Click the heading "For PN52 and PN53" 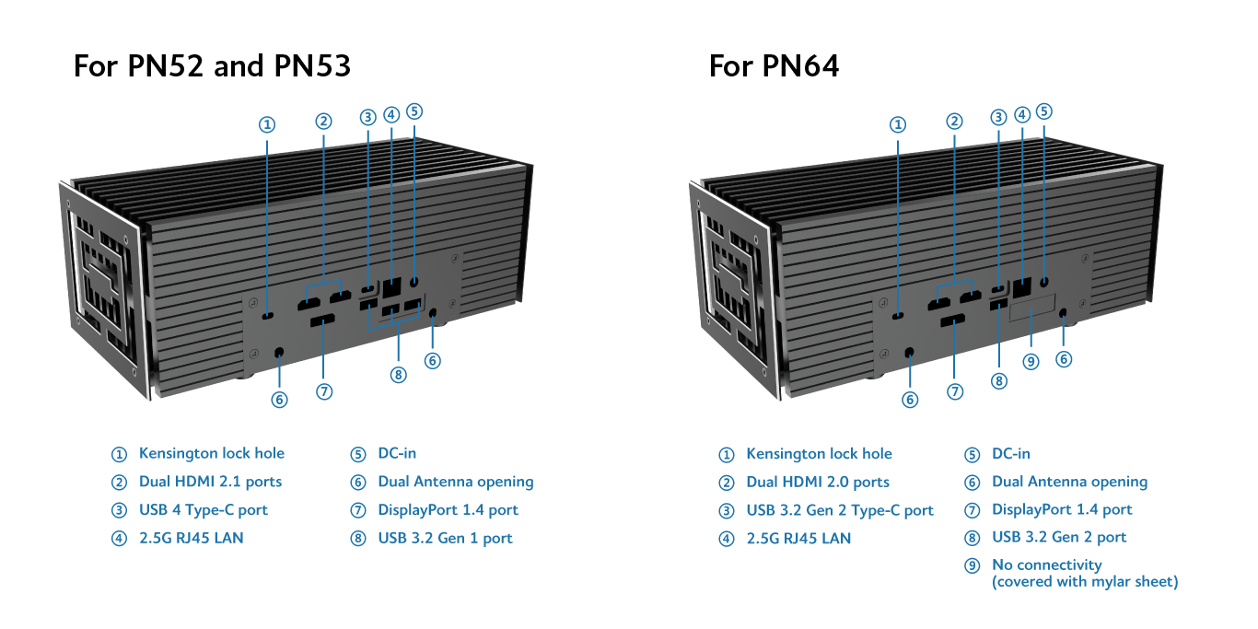pos(212,66)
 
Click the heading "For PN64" pos(774,66)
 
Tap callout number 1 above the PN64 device pos(899,124)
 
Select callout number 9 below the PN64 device pos(1031,361)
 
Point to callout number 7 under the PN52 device pos(323,391)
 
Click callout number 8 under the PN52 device pos(398,375)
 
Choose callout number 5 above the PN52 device pos(414,111)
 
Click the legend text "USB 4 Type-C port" pos(203,510)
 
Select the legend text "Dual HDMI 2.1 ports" pos(210,482)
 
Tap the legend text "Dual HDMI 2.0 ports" pos(818,482)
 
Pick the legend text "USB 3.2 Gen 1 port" pos(445,538)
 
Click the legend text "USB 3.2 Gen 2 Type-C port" pos(840,510)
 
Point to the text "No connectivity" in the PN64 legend pos(1046,565)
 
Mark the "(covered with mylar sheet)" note pos(1084,581)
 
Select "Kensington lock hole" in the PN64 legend pos(819,453)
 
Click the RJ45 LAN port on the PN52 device pos(391,286)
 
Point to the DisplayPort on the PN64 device pos(952,320)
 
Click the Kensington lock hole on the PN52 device pos(267,316)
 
